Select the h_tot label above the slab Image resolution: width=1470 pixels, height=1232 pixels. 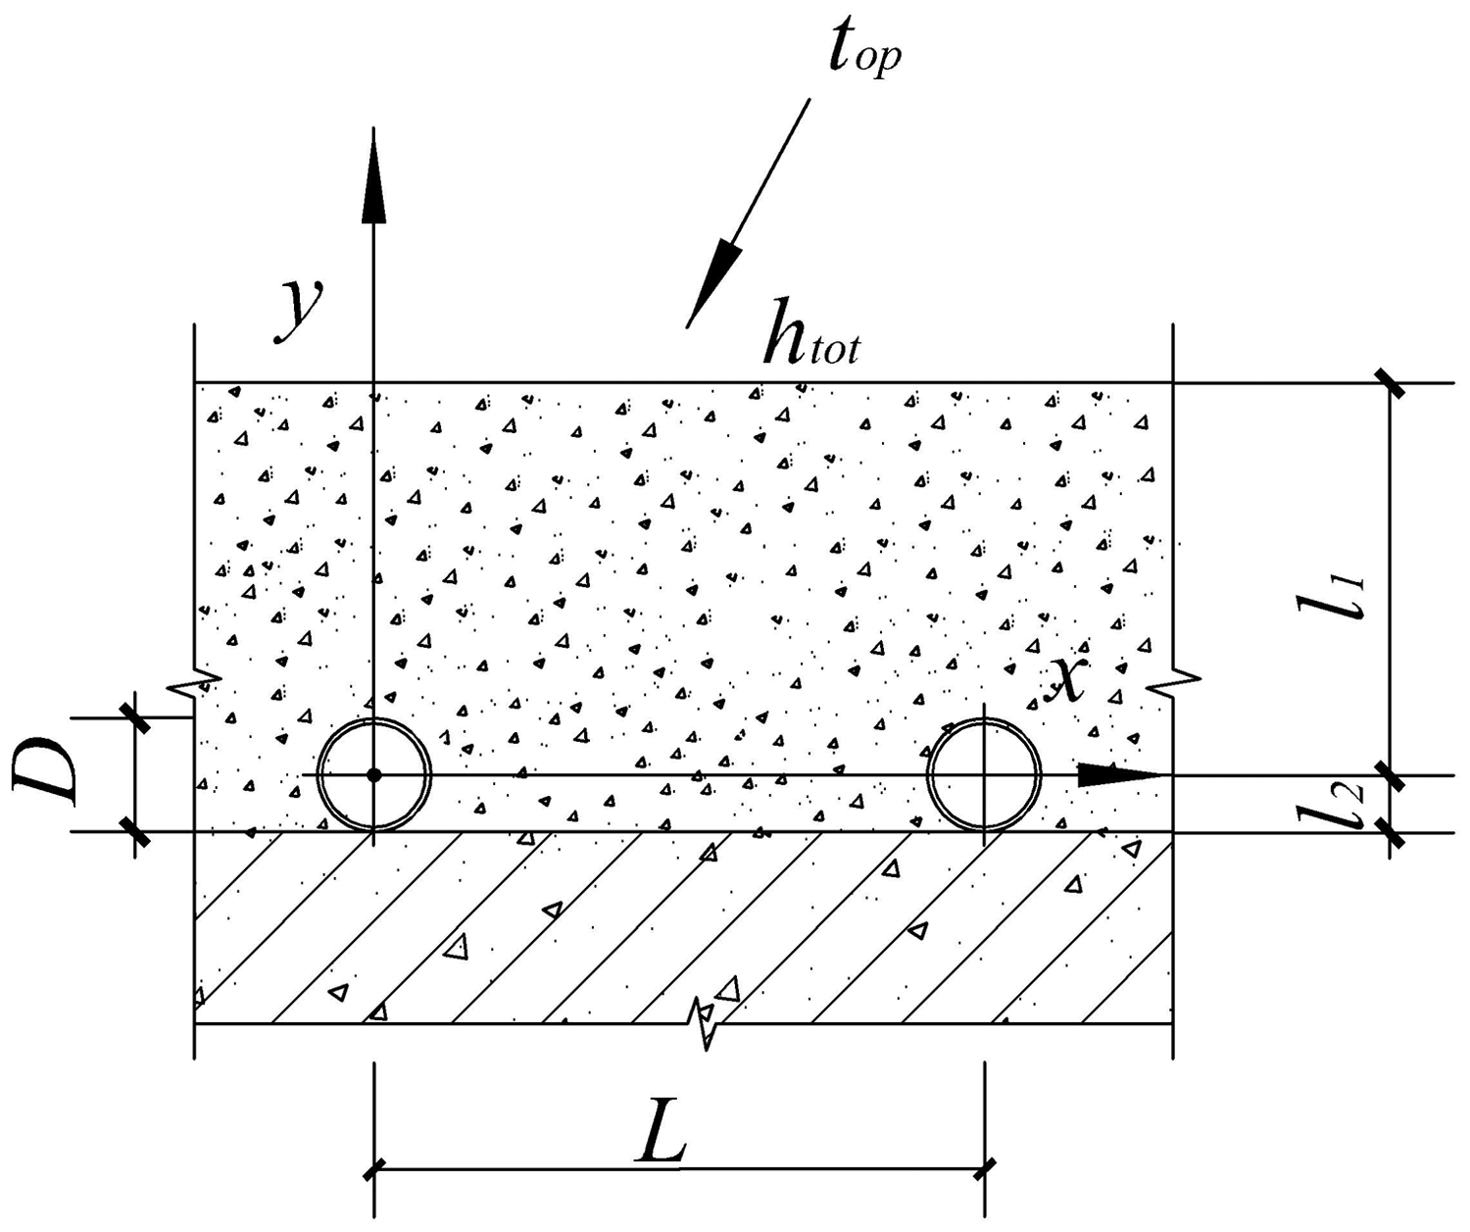811,330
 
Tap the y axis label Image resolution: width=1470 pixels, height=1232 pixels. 299,309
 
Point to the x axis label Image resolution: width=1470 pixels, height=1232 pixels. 1065,681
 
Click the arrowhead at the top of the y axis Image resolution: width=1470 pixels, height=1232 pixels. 373,176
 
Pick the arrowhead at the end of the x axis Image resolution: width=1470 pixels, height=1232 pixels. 1119,774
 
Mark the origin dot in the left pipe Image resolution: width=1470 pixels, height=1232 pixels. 373,775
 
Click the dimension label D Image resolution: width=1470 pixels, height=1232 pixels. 44,771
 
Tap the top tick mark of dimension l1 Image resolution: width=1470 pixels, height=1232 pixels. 1390,383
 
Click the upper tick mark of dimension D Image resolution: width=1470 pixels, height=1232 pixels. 135,718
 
